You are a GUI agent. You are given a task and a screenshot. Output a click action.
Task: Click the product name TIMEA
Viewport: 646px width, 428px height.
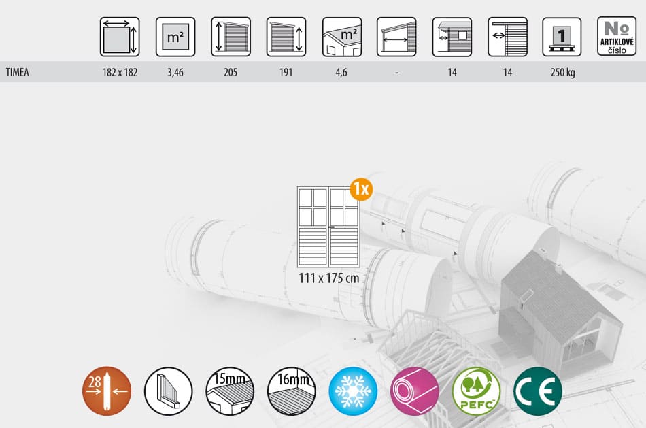17,73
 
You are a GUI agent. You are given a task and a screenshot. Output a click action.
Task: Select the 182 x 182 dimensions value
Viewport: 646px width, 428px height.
120,73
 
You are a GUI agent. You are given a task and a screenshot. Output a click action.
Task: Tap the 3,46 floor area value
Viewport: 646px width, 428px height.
175,73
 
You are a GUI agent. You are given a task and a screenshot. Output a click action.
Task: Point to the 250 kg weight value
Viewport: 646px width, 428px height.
563,73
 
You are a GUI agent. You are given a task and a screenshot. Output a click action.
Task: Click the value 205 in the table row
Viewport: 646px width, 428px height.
231,73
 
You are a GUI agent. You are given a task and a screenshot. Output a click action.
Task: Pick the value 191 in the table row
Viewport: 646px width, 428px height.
286,73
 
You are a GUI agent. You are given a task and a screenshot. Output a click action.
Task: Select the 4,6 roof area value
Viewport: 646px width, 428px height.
341,73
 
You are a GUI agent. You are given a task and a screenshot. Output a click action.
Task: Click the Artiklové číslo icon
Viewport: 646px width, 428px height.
617,36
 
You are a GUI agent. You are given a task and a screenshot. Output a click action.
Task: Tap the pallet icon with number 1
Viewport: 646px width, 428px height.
562,37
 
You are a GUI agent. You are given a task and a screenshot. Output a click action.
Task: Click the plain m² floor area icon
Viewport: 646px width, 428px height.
175,37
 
